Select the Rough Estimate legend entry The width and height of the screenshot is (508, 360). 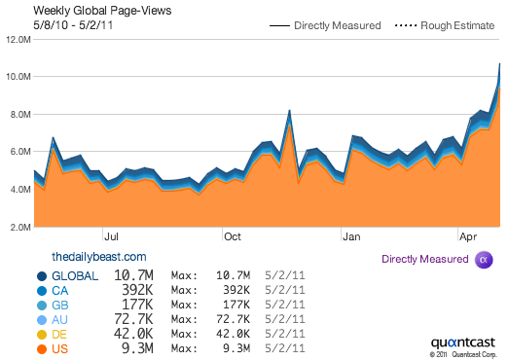click(445, 25)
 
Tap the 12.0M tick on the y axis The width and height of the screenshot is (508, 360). click(17, 40)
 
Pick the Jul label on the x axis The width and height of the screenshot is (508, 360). click(111, 235)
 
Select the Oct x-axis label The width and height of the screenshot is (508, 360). click(232, 235)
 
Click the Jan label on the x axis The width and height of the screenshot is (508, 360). click(351, 235)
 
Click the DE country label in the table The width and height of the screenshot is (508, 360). click(58, 334)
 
